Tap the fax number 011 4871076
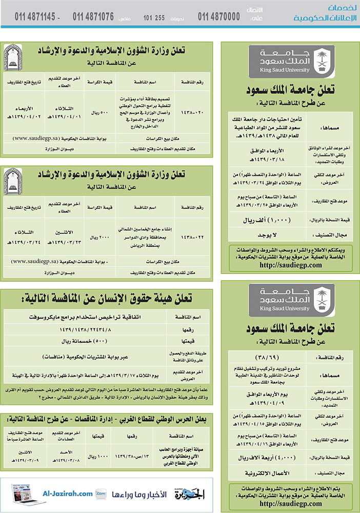[x=93, y=16]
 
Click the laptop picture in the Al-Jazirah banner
[x=22, y=494]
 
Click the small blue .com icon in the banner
[x=101, y=494]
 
